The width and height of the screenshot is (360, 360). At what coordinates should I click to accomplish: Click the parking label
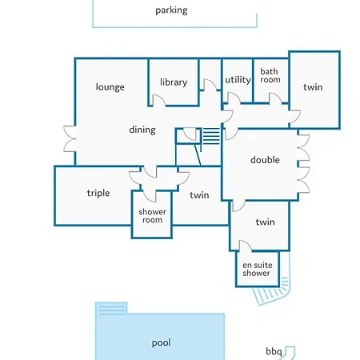(171, 10)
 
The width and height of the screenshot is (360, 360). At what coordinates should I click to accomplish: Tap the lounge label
(110, 87)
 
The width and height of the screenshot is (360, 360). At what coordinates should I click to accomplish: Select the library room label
(174, 82)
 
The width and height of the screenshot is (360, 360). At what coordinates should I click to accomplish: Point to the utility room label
(238, 80)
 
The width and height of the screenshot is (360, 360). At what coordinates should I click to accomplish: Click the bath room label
(270, 75)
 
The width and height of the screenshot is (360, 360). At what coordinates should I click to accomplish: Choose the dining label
(142, 130)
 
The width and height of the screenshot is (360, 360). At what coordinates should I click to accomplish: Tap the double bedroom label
(265, 160)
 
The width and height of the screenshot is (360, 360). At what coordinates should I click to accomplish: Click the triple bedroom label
(98, 193)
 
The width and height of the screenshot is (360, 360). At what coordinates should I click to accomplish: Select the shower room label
(152, 216)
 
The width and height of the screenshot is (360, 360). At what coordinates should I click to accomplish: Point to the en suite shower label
(258, 269)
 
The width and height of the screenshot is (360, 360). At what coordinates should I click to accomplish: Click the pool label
(162, 343)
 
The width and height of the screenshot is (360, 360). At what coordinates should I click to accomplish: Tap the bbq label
(274, 351)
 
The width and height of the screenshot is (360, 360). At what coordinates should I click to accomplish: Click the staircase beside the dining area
(211, 136)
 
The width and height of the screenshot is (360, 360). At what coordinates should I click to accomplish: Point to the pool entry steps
(111, 310)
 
